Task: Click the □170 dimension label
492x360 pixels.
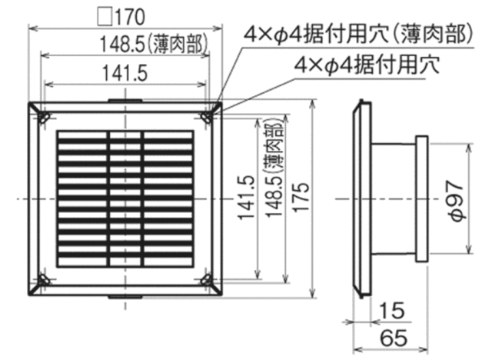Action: tap(121, 17)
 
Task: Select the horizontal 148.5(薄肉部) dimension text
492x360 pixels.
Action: tap(154, 44)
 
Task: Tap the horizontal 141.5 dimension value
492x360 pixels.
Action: tap(125, 74)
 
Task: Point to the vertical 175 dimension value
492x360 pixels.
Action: tap(301, 198)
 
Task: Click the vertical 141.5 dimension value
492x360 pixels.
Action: tap(245, 198)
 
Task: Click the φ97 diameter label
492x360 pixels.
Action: tap(454, 201)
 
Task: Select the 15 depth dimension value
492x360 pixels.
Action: tap(392, 311)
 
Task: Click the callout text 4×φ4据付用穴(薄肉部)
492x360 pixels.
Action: tap(358, 34)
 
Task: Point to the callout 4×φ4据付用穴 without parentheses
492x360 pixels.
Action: tap(367, 64)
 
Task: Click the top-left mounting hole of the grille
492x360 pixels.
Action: tap(45, 118)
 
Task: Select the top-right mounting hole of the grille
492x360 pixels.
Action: tap(207, 118)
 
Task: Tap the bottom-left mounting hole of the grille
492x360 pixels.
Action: tap(45, 279)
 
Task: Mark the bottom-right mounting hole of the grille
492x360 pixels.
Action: tap(207, 279)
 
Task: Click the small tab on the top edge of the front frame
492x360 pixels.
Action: tap(125, 101)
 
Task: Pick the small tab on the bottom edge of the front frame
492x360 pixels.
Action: tap(125, 297)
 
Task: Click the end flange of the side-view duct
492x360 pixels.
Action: tap(422, 199)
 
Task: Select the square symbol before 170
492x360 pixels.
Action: tap(105, 17)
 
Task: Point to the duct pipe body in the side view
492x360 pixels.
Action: tap(394, 199)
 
